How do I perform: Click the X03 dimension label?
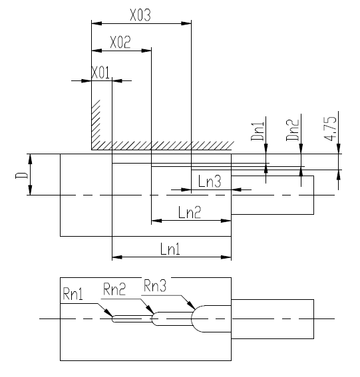pos(140,15)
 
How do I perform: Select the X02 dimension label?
pos(120,42)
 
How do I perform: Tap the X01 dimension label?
pos(100,72)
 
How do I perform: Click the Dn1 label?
pos(258,131)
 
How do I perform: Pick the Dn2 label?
pos(292,130)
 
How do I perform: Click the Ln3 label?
pos(210,181)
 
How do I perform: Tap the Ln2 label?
pos(190,212)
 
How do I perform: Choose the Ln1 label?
pos(170,249)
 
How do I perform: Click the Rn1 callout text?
pos(73,294)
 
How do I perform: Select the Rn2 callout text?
pos(114,289)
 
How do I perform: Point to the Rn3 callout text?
pos(155,286)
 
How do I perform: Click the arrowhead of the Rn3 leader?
pos(192,305)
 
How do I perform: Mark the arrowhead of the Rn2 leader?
pos(150,309)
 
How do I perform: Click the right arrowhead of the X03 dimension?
pos(186,23)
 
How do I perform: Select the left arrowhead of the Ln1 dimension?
pos(117,257)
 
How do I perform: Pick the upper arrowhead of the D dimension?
pos(30,159)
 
